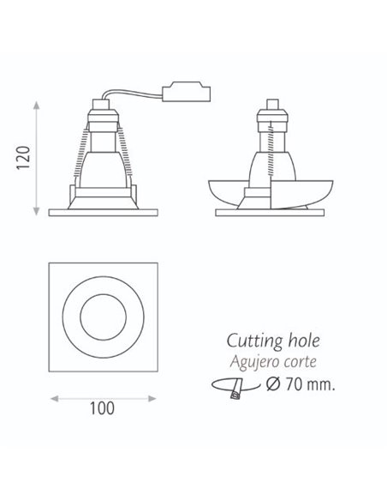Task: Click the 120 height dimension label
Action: [24, 158]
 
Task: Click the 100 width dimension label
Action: [102, 408]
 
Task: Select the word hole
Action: [304, 341]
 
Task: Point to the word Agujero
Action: [253, 363]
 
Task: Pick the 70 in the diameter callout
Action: [294, 384]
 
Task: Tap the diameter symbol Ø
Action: [273, 384]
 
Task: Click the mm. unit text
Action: [321, 384]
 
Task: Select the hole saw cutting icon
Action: [235, 387]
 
